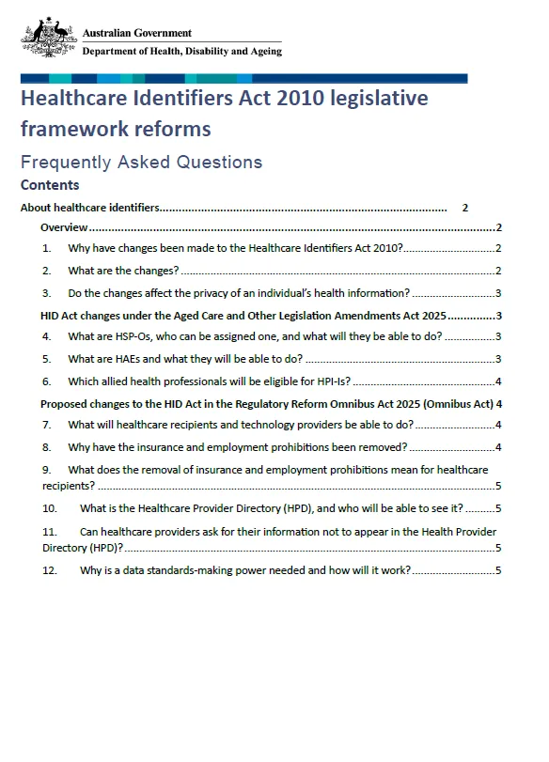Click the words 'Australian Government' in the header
[x=137, y=33]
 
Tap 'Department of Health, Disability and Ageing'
[x=181, y=51]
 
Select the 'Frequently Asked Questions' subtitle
[x=142, y=162]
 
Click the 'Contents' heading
[x=50, y=185]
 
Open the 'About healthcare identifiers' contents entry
[x=90, y=208]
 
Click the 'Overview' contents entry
[x=64, y=228]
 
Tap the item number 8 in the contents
[x=46, y=446]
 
